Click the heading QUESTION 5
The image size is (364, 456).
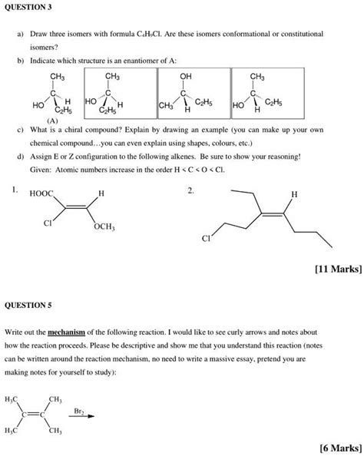tap(28, 304)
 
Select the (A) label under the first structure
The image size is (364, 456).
tap(52, 121)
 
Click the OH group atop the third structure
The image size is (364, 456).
tap(186, 77)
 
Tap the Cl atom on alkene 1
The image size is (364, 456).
tap(48, 223)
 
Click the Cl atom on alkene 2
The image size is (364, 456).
tap(206, 238)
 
